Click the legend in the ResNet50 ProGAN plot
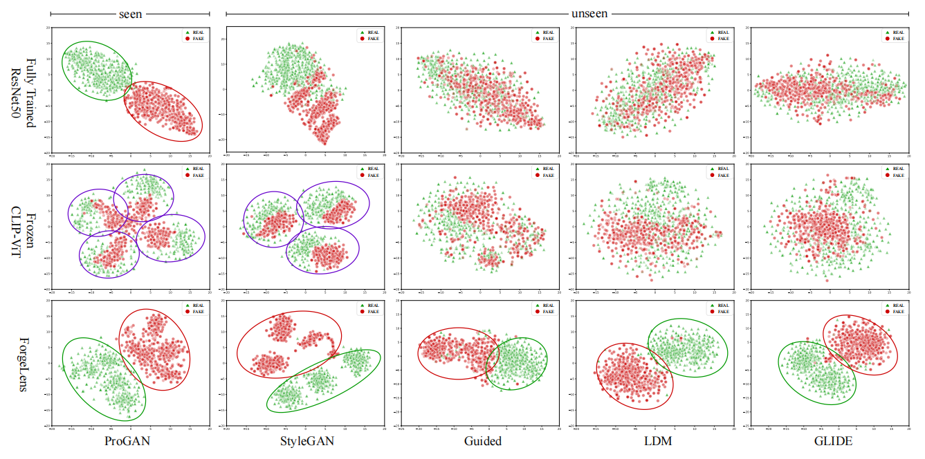point(194,35)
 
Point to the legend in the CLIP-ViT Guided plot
point(543,172)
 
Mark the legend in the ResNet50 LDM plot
point(717,35)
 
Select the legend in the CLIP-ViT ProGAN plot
point(194,172)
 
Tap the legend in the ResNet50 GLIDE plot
point(892,35)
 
